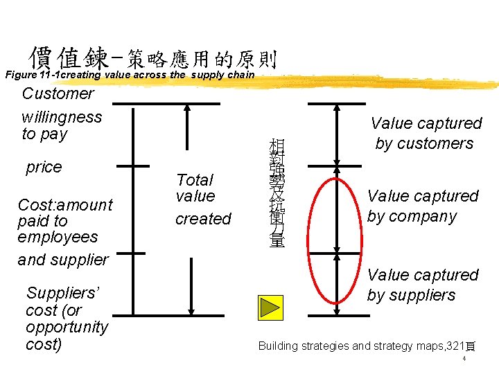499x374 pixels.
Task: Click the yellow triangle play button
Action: (x=270, y=307)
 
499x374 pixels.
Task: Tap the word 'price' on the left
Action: (x=44, y=167)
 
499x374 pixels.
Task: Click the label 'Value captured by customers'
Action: (x=425, y=133)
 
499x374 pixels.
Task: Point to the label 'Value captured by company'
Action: (x=422, y=206)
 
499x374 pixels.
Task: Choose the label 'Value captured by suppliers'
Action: (x=422, y=285)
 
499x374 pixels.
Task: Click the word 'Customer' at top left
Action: (x=58, y=93)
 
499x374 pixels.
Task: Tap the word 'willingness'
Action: (x=62, y=116)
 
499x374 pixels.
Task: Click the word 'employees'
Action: (x=58, y=237)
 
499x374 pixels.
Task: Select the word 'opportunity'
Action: (x=67, y=327)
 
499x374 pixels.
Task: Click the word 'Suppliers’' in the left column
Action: (x=63, y=294)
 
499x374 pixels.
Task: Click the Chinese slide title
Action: (x=152, y=57)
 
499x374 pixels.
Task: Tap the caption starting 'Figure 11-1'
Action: (x=130, y=75)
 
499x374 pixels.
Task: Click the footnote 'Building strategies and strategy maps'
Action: (x=366, y=346)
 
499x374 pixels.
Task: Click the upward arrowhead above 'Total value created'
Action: (x=187, y=109)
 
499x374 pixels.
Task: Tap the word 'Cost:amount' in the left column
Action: (x=65, y=205)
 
